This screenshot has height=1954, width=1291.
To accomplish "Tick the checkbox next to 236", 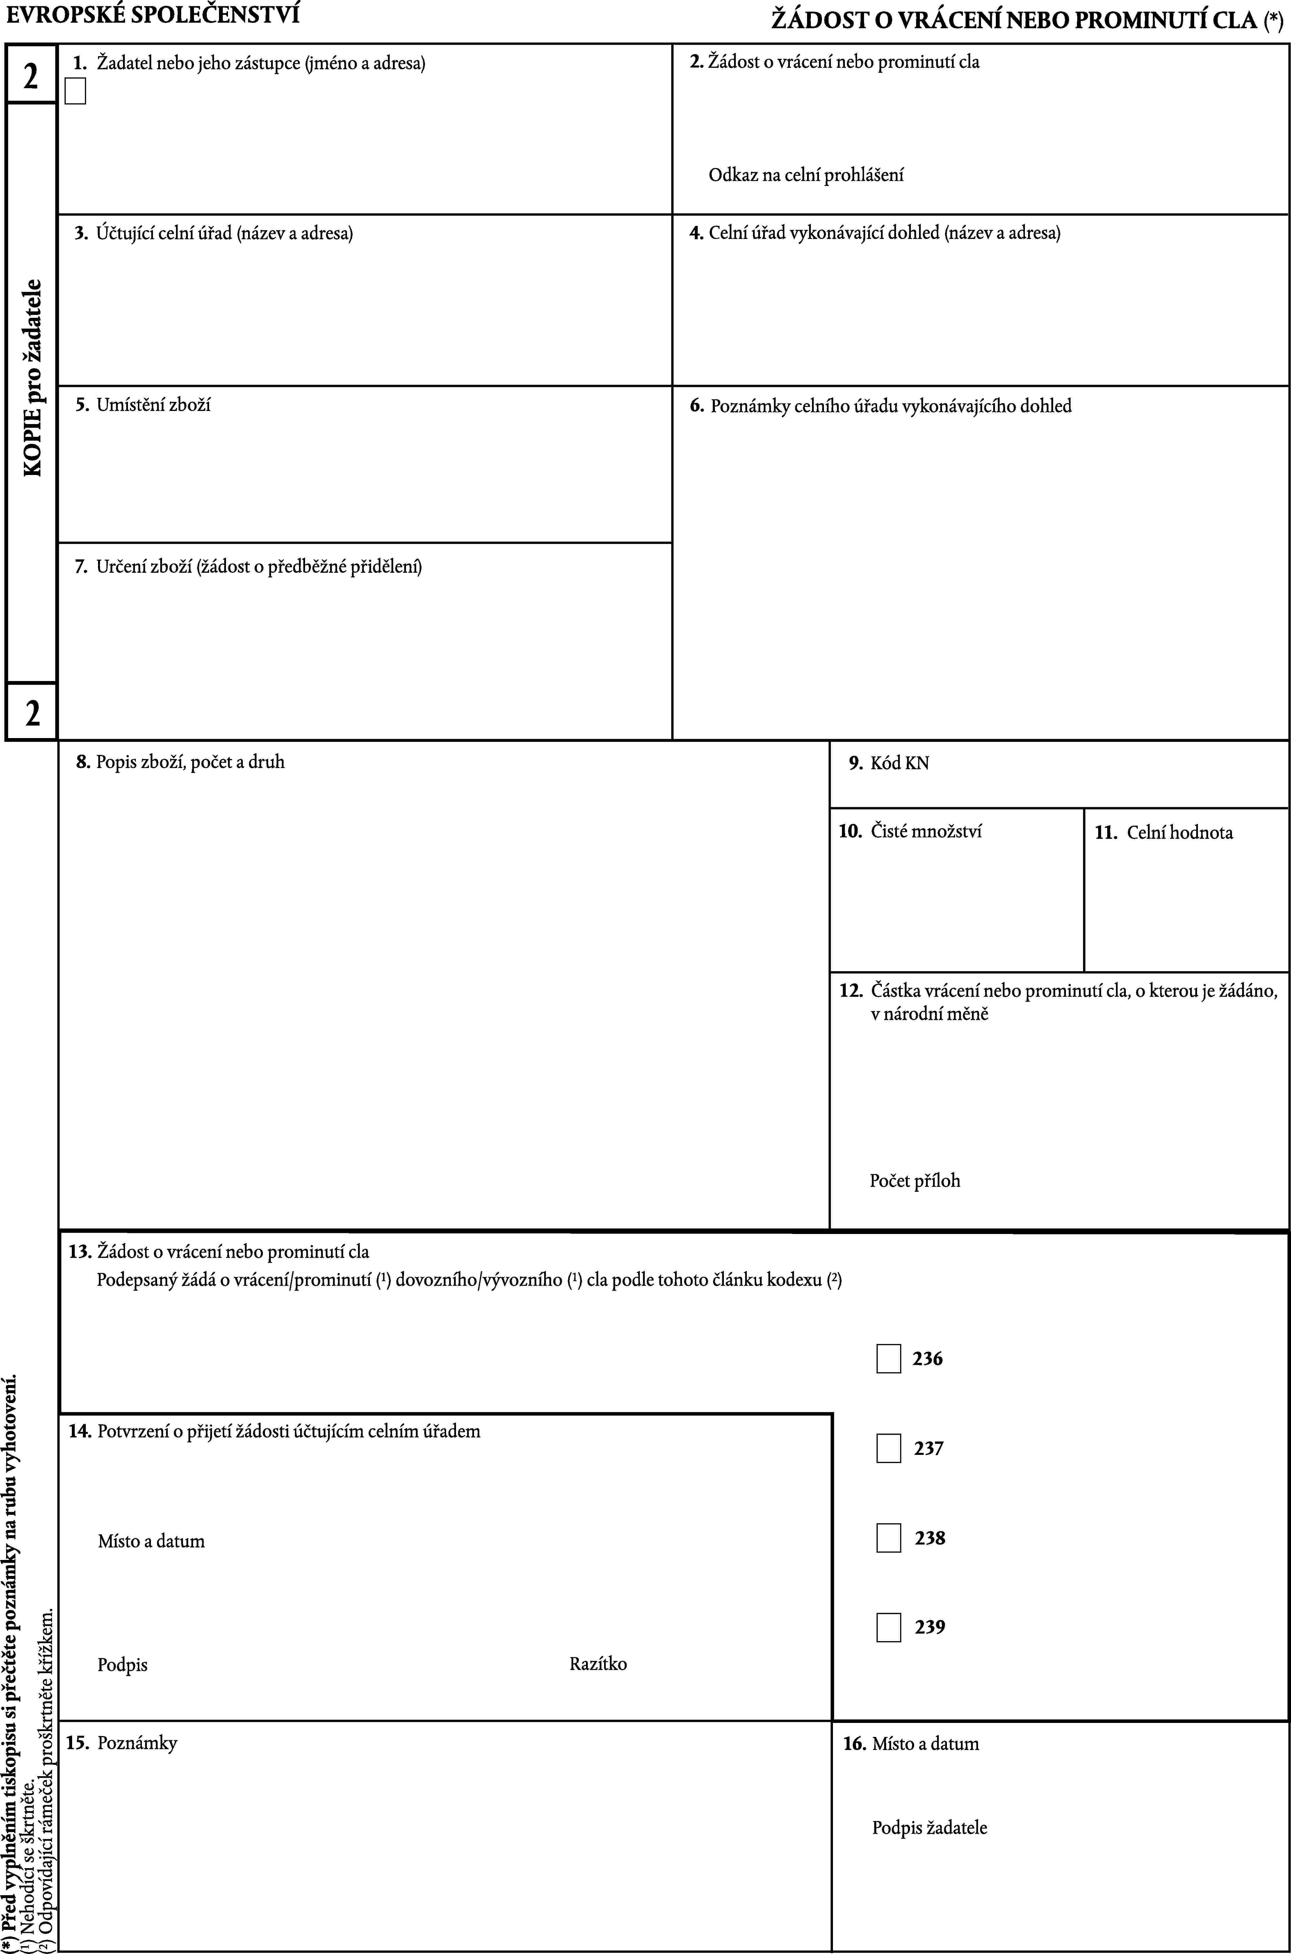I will coord(888,1359).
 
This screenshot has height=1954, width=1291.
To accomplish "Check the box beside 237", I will coord(888,1448).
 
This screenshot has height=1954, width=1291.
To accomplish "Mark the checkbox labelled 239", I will coord(888,1627).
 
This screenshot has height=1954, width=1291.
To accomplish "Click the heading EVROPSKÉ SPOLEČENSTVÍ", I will coord(153,14).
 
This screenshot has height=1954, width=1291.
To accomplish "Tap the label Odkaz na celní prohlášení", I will coord(806,175).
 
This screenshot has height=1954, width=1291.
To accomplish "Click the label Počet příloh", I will coord(915,1180).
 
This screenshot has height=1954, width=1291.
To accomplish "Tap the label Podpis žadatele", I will coord(929,1827).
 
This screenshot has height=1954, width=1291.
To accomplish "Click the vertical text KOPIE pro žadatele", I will coord(33,377).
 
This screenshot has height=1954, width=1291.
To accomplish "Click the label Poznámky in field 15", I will coord(137,1742).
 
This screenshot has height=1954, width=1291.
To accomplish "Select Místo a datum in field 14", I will coord(151,1540).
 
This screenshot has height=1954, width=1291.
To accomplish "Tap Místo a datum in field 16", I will coord(925,1743).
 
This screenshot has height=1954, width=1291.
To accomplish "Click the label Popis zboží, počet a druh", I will coord(190,762).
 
